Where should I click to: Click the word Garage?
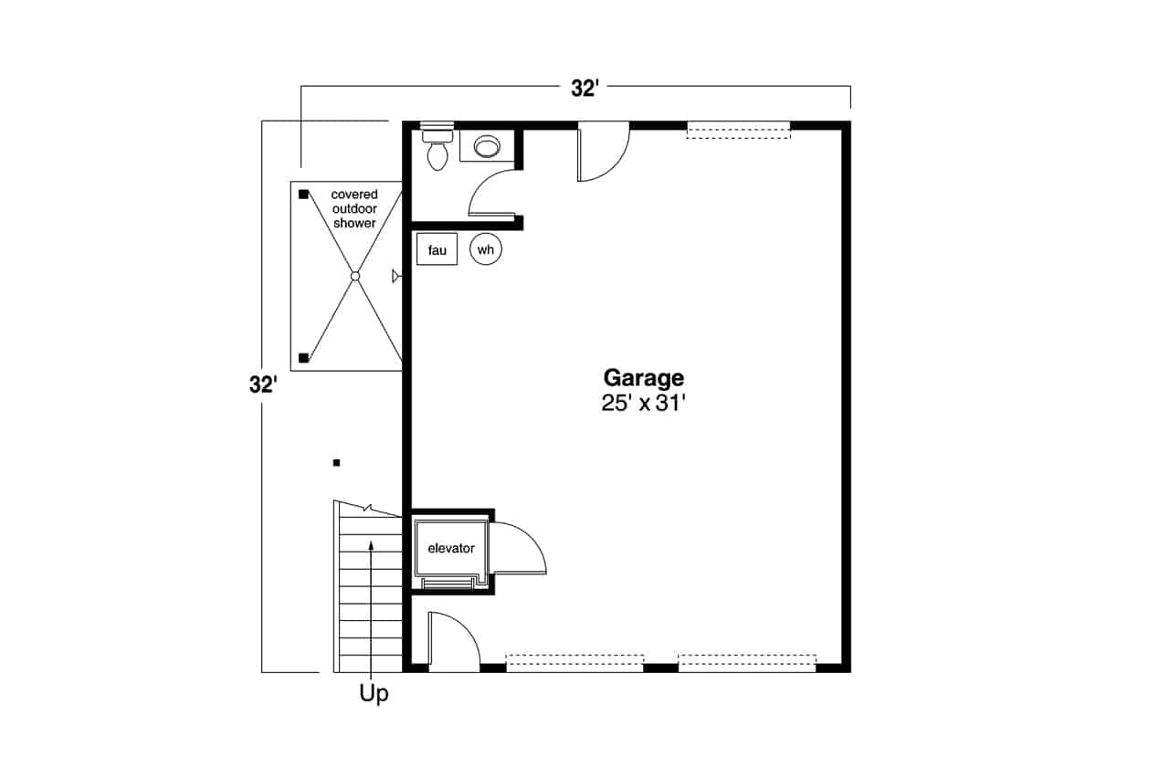pyautogui.click(x=644, y=379)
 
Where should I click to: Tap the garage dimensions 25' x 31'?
pyautogui.click(x=643, y=404)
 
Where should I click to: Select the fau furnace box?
pyautogui.click(x=437, y=249)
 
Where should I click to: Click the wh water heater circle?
pyautogui.click(x=486, y=249)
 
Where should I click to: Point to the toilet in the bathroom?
pyautogui.click(x=437, y=151)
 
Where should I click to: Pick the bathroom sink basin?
pyautogui.click(x=487, y=147)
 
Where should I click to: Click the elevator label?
pyautogui.click(x=451, y=548)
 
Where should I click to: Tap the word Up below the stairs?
pyautogui.click(x=374, y=694)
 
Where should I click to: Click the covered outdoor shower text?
pyautogui.click(x=354, y=209)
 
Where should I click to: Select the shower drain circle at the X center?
pyautogui.click(x=355, y=276)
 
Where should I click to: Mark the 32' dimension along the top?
pyautogui.click(x=584, y=89)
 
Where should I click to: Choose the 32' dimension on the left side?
pyautogui.click(x=263, y=385)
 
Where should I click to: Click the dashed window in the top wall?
pyautogui.click(x=739, y=130)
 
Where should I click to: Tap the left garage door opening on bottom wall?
pyautogui.click(x=574, y=663)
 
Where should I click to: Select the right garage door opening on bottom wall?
pyautogui.click(x=747, y=663)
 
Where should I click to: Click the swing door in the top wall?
pyautogui.click(x=604, y=152)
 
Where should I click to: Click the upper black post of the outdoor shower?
pyautogui.click(x=303, y=195)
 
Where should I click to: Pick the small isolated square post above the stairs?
pyautogui.click(x=337, y=463)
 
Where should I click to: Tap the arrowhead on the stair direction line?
pyautogui.click(x=371, y=546)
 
